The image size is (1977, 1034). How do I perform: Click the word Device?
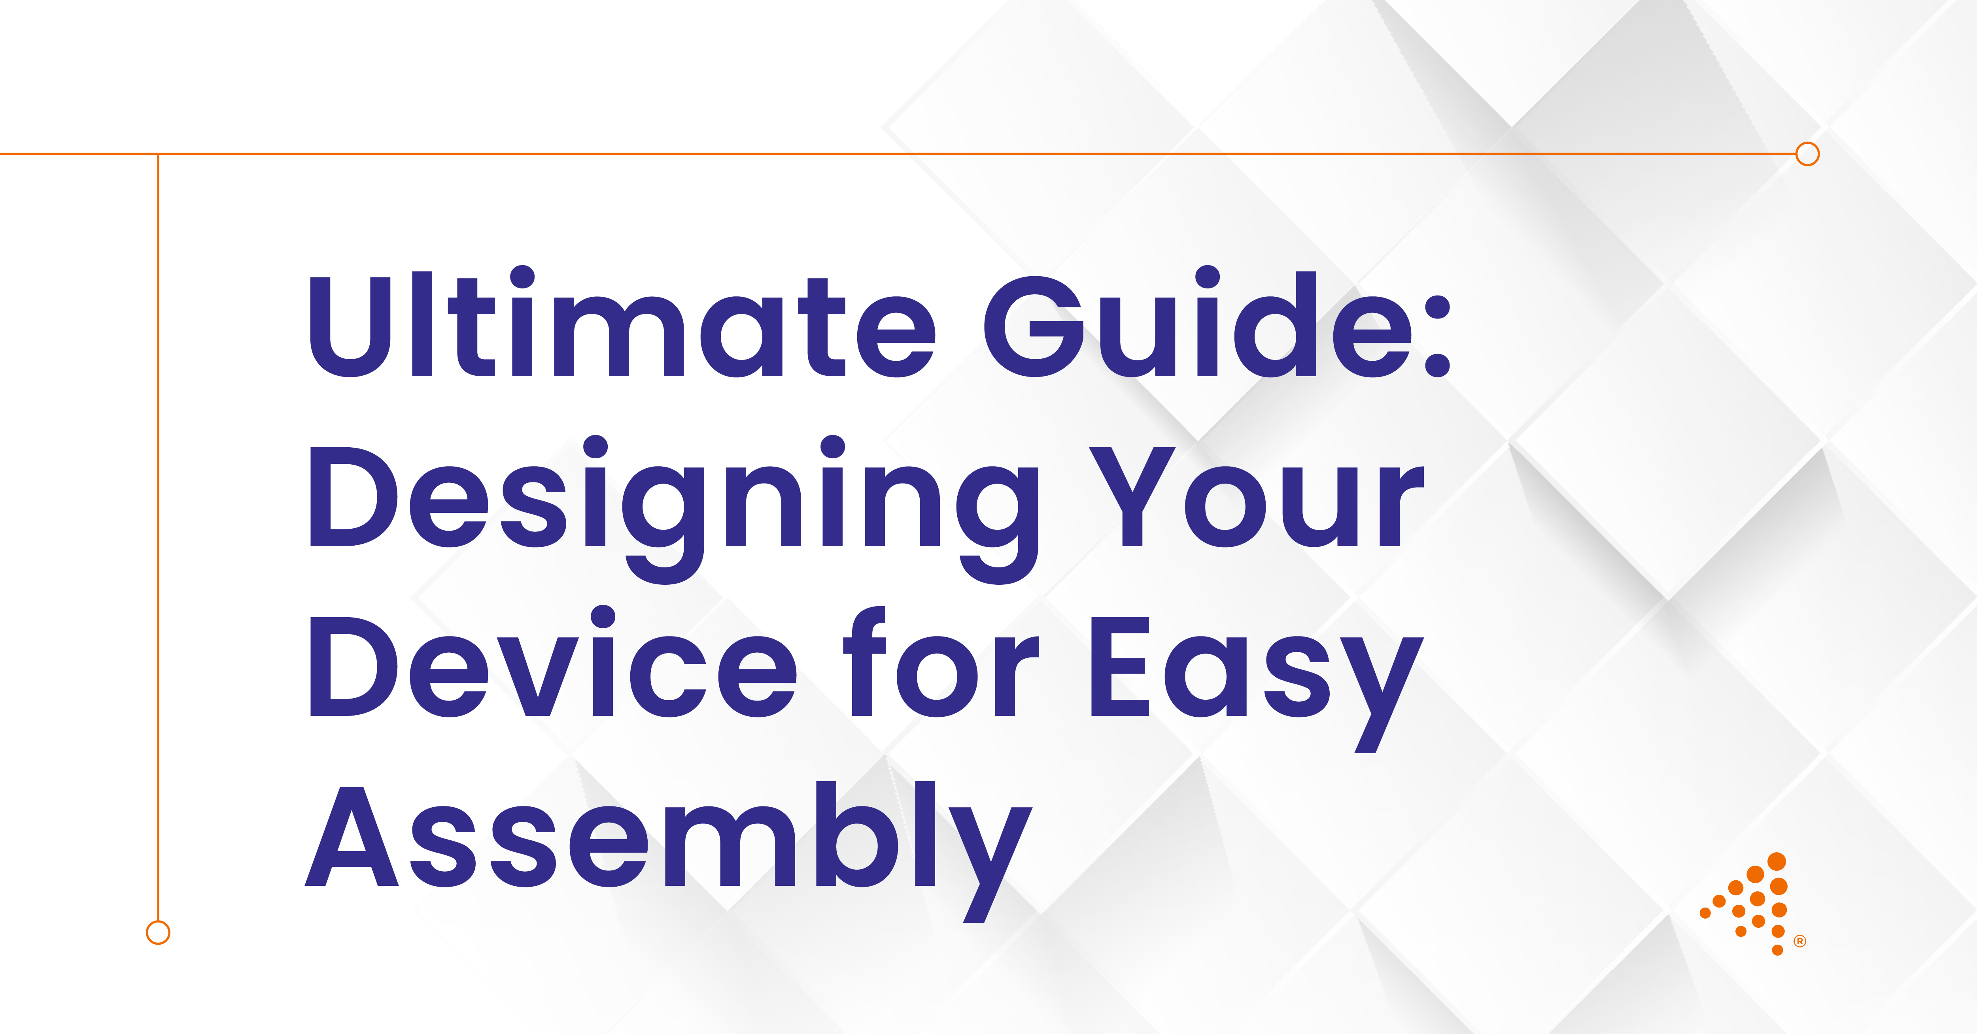(x=553, y=661)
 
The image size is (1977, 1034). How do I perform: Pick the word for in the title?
(x=941, y=661)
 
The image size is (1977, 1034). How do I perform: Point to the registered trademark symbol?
(x=1800, y=941)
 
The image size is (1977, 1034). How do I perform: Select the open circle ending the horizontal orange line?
(x=1807, y=154)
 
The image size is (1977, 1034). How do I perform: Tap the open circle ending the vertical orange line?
(x=158, y=933)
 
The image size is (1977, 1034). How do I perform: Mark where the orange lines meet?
(x=158, y=154)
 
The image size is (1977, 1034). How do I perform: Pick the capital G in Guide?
(x=1034, y=326)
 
